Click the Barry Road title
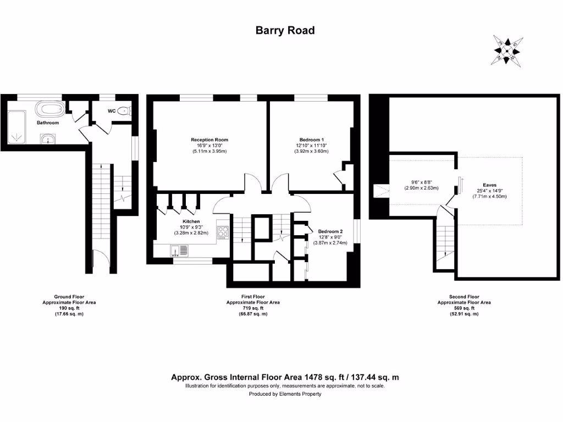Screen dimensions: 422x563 (x=285, y=30)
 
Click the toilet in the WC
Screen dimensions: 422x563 (x=124, y=111)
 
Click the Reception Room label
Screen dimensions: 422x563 (x=209, y=140)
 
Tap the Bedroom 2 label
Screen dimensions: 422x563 (x=330, y=231)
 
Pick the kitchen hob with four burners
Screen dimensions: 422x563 (x=223, y=232)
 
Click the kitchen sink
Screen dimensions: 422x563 (x=179, y=251)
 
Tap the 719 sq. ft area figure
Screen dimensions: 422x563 (x=253, y=308)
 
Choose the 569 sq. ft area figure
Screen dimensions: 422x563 (x=464, y=308)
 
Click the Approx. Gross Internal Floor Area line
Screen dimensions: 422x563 (x=285, y=377)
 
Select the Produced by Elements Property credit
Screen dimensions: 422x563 (x=285, y=394)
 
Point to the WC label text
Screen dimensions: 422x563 (x=112, y=111)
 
